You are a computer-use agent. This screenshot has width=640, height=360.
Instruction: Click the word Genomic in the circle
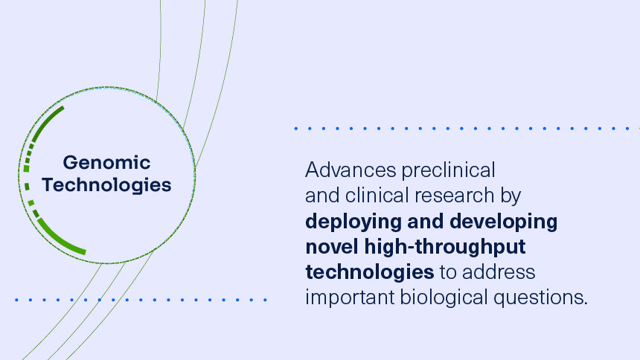point(106,162)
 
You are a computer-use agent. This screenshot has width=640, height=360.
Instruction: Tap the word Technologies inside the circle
point(106,184)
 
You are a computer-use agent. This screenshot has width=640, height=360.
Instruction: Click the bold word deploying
point(351,222)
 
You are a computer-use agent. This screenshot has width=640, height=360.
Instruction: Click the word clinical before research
point(377,196)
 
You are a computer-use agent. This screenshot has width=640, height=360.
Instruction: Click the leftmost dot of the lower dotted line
point(16,300)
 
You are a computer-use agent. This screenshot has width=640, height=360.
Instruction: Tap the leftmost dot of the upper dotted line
point(296,128)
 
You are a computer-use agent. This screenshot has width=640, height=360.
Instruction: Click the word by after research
point(510,197)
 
